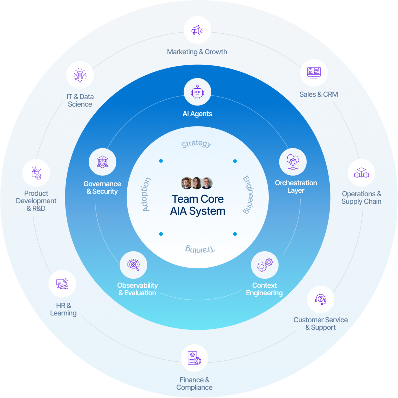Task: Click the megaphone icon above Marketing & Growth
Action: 197,30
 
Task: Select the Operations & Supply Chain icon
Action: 361,173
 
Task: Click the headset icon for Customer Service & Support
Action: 320,299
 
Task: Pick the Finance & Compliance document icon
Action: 194,358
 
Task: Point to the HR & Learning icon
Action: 62,284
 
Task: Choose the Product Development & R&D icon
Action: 36,173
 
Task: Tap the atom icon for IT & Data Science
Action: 80,75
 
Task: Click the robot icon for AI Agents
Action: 197,92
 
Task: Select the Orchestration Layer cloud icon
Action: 292,162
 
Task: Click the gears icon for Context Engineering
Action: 264,265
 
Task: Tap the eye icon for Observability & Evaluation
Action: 133,265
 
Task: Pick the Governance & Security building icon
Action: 102,162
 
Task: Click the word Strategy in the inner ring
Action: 196,144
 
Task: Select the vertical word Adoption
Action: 146,194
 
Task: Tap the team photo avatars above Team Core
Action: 197,183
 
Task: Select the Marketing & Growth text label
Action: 197,52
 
